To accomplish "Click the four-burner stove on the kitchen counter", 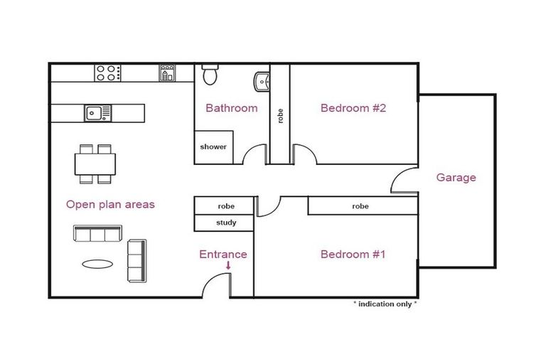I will (108, 72).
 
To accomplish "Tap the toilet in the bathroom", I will (210, 73).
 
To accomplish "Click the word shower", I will (213, 147).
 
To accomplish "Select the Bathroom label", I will (231, 108).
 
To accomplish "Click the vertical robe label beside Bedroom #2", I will (280, 116).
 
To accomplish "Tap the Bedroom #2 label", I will (353, 108).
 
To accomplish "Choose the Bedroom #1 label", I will (353, 254).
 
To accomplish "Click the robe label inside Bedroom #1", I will (360, 206).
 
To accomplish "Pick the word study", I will (225, 223).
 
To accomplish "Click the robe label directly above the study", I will (225, 206).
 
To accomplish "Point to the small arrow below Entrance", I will (228, 266).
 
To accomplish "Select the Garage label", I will (456, 178).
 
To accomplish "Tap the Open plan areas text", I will (110, 204).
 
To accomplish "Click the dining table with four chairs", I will (95, 164).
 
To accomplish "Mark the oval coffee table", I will (97, 264).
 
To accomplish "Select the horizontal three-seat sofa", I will (97, 233).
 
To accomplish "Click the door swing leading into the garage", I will (403, 181).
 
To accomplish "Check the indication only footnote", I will (385, 304).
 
